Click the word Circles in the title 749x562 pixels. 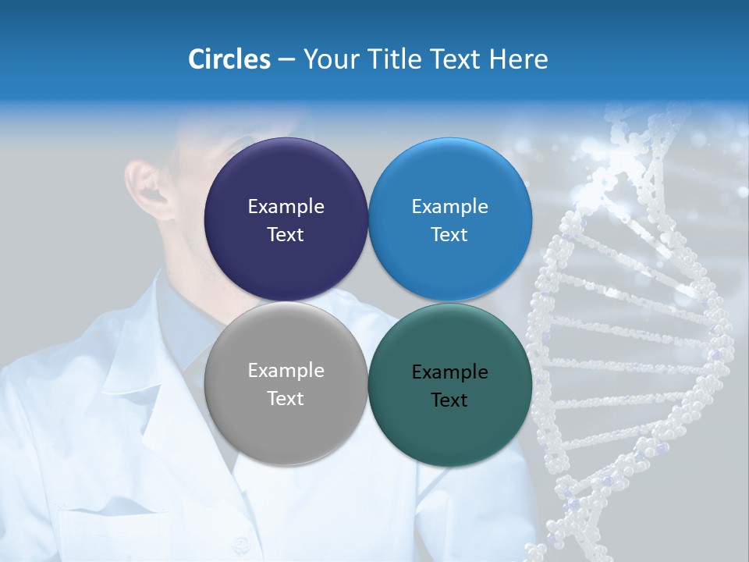coord(229,59)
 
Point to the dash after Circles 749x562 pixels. coord(286,60)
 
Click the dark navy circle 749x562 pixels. coord(286,180)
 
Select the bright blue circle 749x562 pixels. coord(450,180)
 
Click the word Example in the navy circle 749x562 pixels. coord(286,206)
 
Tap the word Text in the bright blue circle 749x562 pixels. coord(449,234)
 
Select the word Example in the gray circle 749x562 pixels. coord(286,370)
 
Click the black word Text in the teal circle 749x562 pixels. coord(449,400)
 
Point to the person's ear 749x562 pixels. coord(148,187)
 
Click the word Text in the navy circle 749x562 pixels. coord(286,234)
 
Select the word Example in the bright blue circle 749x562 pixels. coord(449,206)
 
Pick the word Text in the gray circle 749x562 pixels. coord(286,398)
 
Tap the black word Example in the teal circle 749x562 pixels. coord(449,372)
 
